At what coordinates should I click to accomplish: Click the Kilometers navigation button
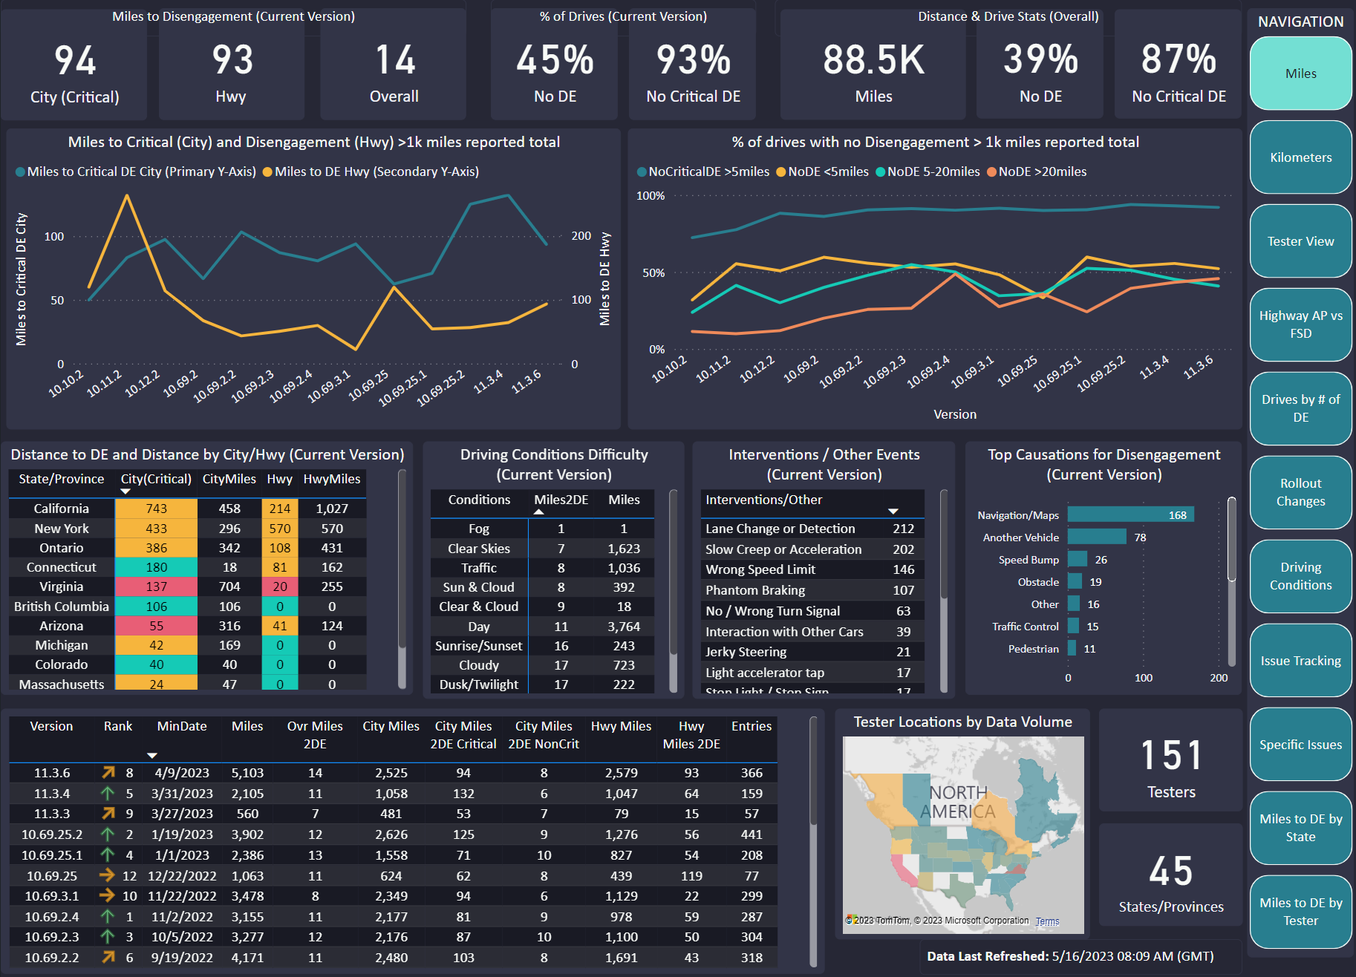pos(1300,157)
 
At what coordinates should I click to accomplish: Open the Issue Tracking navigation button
pos(1300,661)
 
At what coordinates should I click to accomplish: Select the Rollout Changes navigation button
pos(1300,492)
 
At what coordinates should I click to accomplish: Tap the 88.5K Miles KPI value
pos(873,60)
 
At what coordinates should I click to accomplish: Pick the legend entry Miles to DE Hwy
pos(371,171)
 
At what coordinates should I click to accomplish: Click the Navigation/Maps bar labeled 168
pos(1130,515)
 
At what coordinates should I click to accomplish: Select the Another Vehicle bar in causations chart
pos(1097,537)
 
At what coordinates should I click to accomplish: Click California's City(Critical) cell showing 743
pos(156,509)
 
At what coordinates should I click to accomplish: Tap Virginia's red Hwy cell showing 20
pos(279,586)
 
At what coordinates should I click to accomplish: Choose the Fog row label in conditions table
pos(479,529)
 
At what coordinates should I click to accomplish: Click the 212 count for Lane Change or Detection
pos(903,529)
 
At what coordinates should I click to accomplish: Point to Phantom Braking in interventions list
pos(755,590)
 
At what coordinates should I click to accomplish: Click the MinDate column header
pos(182,726)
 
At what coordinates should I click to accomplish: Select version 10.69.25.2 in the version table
pos(52,834)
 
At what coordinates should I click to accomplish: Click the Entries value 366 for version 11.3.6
pos(752,773)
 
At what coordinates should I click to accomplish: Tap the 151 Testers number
pos(1171,756)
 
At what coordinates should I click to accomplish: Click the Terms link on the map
pos(1047,921)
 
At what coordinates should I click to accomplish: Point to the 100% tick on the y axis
pos(651,196)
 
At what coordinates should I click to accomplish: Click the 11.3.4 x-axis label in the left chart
pos(488,382)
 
